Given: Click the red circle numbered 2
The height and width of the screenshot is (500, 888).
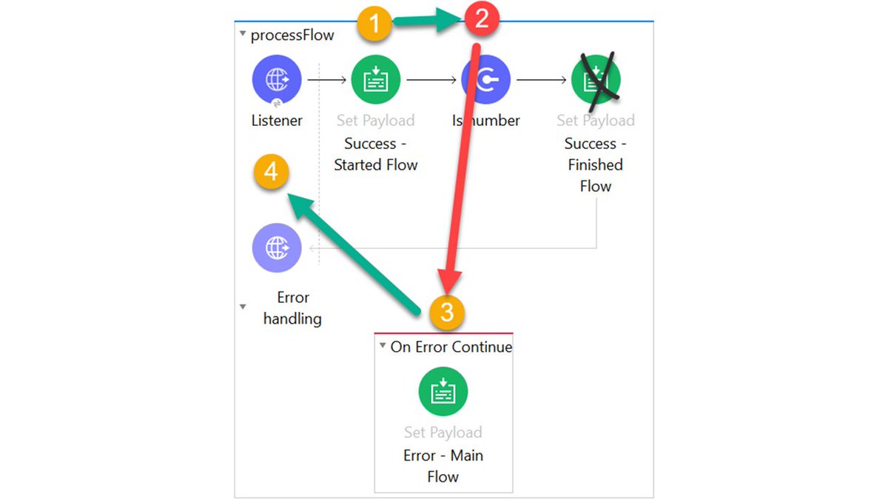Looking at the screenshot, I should coord(481,19).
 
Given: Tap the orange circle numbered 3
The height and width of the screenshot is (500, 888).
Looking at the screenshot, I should coord(446,312).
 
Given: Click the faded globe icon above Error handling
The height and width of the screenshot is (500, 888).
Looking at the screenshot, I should coord(277,248).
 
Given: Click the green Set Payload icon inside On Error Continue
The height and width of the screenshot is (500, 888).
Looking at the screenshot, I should coord(443,391).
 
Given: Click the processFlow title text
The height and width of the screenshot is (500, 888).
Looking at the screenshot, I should coord(292,35).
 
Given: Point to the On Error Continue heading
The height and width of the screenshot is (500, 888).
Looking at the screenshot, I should coord(451,347).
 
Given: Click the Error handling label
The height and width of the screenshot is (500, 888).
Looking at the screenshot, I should coord(292,308).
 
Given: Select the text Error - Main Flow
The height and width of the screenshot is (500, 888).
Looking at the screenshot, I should coord(443,466).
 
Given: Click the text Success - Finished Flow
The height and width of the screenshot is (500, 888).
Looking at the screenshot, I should coord(595,164).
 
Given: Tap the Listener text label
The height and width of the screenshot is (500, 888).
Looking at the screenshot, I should coord(277,120).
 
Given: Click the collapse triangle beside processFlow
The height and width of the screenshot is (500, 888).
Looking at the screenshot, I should coord(243,34).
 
